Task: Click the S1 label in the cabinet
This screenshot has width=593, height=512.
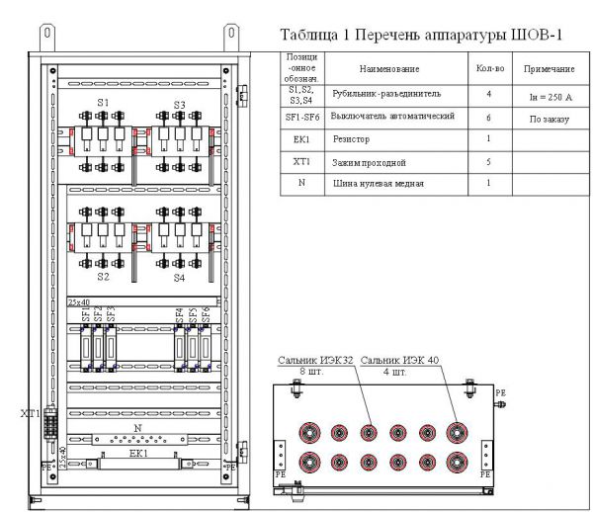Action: [x=103, y=103]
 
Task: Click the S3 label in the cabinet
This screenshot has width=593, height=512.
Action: [x=179, y=103]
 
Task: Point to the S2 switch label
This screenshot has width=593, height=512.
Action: [x=103, y=278]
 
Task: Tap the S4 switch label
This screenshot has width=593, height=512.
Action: [x=179, y=278]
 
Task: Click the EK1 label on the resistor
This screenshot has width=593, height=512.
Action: [x=136, y=451]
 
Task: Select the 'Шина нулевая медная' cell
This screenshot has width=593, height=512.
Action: [x=376, y=183]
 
